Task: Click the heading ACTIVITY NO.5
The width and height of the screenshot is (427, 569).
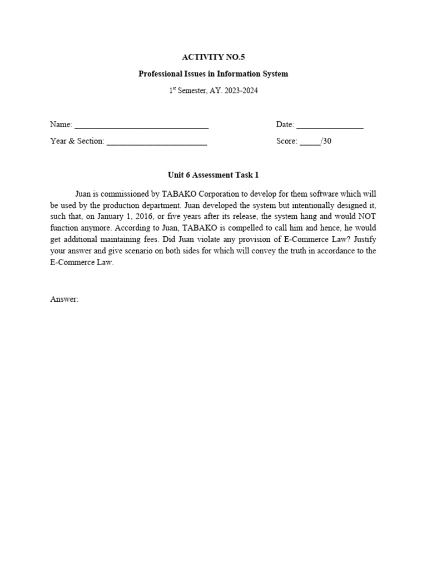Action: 213,57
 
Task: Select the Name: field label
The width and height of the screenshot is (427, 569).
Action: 61,124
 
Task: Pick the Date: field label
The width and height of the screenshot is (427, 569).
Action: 285,124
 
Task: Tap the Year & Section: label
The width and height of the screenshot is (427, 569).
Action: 77,141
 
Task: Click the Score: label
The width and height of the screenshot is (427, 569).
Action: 287,141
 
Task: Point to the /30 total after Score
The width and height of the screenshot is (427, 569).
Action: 326,141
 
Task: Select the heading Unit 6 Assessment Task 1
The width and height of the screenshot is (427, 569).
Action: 213,175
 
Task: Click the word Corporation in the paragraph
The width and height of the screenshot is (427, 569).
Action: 210,193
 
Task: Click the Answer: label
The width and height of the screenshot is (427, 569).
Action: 64,299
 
